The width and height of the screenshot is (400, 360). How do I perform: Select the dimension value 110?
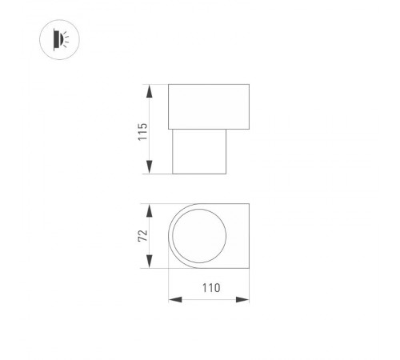[209, 286]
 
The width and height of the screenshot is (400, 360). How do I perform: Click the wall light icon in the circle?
[58, 39]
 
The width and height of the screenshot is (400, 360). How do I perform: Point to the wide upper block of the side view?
[209, 105]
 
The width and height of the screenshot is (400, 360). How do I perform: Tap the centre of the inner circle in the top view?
[198, 237]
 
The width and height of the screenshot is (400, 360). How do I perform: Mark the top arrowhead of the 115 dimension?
[150, 89]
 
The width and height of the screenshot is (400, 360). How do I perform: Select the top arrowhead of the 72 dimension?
[150, 209]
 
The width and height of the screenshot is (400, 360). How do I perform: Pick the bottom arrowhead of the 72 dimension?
[150, 265]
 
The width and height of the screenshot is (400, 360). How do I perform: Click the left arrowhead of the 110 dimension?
[173, 300]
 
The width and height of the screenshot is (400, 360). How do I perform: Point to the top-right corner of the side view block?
[250, 84]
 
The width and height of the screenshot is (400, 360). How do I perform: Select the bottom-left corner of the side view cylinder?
[174, 174]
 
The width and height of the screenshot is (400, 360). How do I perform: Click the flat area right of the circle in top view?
[239, 237]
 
